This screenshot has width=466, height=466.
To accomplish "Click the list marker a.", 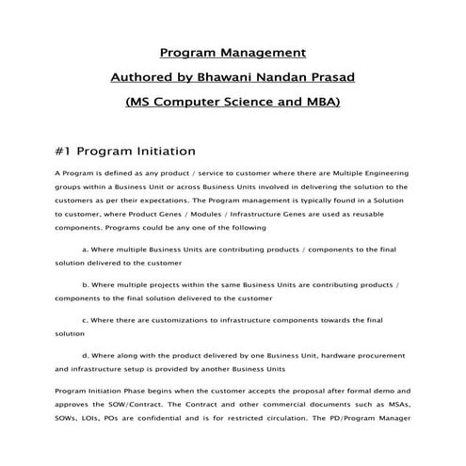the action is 86,250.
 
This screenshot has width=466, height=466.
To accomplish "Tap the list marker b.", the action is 86,284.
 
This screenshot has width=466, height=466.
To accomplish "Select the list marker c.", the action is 86,319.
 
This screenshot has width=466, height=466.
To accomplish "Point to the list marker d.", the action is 86,355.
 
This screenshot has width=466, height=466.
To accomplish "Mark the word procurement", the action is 377,355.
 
